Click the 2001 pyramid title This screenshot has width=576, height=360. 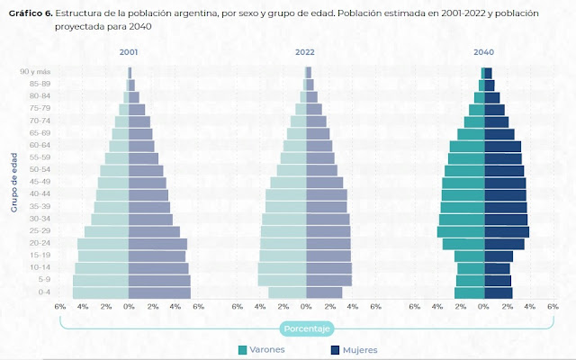(129, 52)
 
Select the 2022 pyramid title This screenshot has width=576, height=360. (306, 52)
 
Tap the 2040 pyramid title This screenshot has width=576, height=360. (484, 52)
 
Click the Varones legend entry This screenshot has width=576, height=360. (265, 349)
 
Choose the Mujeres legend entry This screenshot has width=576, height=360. (354, 349)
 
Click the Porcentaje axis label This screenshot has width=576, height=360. (306, 328)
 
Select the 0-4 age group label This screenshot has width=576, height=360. (44, 292)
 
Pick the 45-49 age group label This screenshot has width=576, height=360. (40, 183)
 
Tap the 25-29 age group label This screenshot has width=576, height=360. (40, 231)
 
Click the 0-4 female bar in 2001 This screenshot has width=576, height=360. (159, 292)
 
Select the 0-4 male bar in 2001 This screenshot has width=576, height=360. (101, 292)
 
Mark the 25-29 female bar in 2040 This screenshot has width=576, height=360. (507, 231)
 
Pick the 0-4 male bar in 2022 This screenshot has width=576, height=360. (287, 292)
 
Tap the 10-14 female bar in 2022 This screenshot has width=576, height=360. (328, 268)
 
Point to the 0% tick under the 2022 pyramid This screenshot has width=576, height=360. (306, 307)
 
